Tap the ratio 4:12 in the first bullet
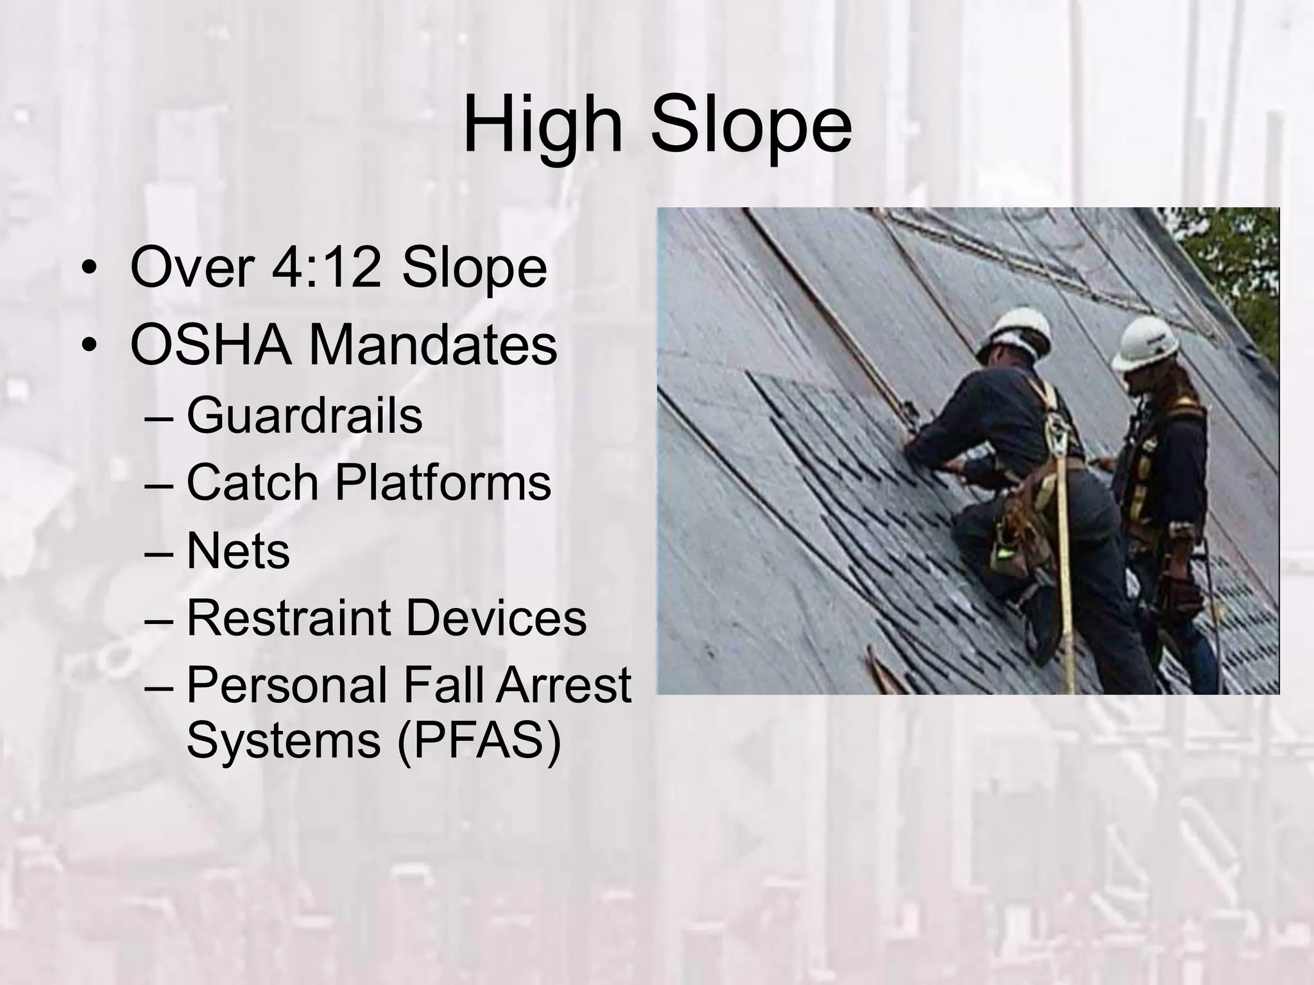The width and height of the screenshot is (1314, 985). coord(326,267)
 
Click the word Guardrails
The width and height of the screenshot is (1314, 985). coord(304,416)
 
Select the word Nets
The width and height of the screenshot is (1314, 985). coord(238,551)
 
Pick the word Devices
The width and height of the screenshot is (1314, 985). coord(495,618)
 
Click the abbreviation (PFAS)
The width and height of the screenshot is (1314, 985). coord(479,741)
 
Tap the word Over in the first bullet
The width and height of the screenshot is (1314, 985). coord(192,267)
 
